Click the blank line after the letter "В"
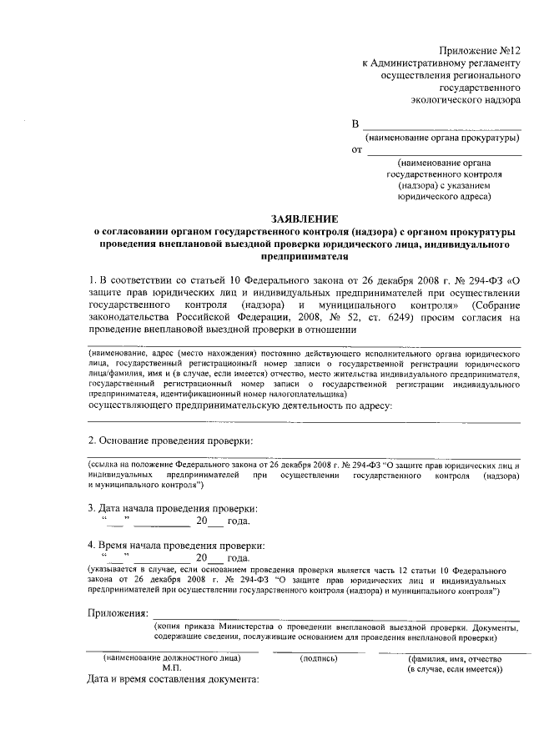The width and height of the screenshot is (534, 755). [443, 128]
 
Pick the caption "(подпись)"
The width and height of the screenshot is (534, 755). [318, 658]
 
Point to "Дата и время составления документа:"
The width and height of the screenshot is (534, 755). [174, 679]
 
